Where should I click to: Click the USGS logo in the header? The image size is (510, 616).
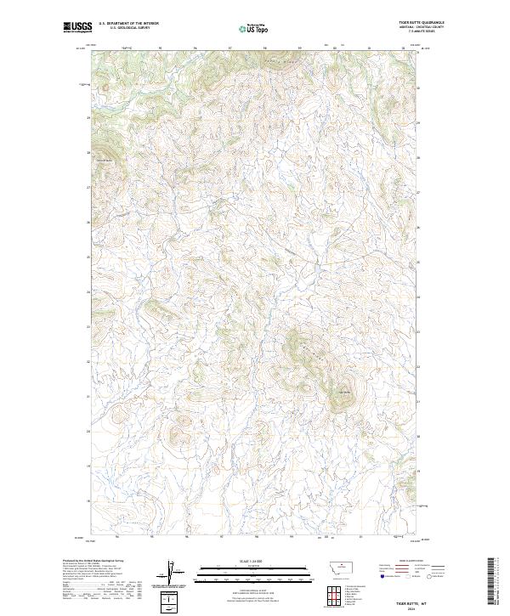click(x=74, y=28)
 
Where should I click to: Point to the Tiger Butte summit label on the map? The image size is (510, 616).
click(x=344, y=392)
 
